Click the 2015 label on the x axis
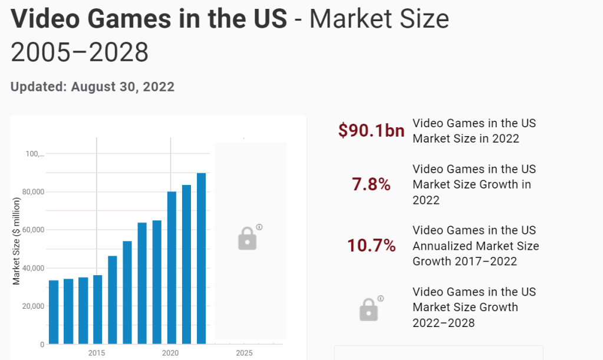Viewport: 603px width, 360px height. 97,353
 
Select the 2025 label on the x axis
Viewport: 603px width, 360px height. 244,353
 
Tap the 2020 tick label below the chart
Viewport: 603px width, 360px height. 170,353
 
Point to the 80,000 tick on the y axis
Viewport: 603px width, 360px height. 32,192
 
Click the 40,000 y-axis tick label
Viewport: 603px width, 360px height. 32,268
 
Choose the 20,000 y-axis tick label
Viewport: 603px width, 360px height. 32,306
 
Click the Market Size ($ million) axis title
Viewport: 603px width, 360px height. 17,241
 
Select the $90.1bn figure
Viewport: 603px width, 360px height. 371,131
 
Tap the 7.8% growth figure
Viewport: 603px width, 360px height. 371,184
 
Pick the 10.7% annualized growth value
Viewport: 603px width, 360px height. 371,246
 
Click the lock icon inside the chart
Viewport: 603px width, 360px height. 248,239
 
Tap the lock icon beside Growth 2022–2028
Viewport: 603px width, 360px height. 368,309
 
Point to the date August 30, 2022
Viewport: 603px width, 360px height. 123,87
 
